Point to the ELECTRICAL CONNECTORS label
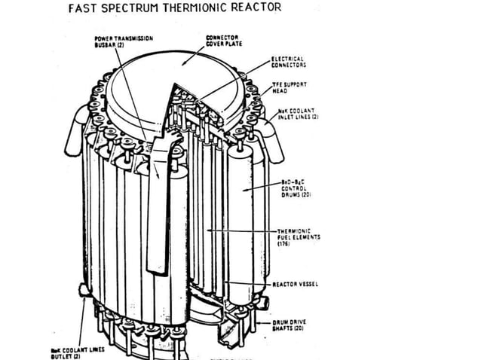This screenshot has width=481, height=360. coord(287,62)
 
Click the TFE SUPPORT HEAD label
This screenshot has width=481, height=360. coord(286,88)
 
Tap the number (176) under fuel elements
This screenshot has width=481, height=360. coord(284,244)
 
